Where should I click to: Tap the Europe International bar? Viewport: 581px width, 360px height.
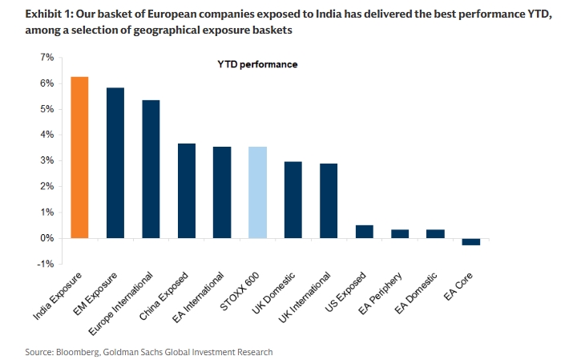151,169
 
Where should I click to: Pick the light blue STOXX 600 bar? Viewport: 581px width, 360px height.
257,192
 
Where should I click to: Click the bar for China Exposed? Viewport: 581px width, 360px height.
186,191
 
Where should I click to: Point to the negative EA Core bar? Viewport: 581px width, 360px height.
470,241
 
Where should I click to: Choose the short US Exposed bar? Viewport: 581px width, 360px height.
364,232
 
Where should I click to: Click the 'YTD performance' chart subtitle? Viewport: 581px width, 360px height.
257,63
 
